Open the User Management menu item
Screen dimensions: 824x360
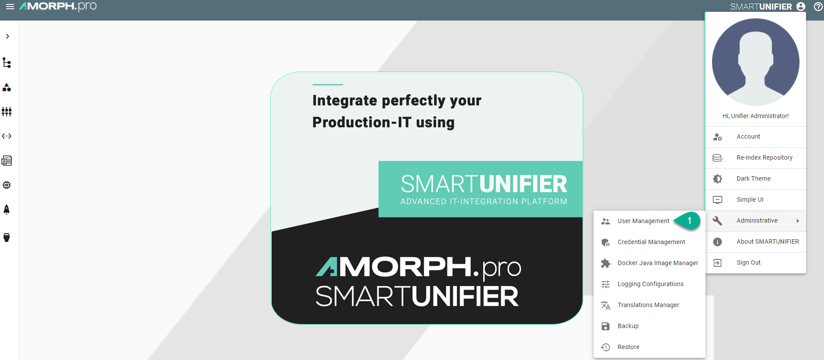tap(643, 221)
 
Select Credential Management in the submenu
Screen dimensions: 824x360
tap(651, 242)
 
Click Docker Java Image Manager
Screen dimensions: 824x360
tap(658, 263)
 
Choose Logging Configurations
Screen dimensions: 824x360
tap(650, 284)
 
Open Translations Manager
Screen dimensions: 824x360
tap(648, 305)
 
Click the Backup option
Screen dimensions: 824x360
tap(628, 326)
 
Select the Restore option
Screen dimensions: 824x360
tap(628, 347)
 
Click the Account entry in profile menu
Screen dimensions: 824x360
tap(748, 136)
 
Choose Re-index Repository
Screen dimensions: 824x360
tap(765, 157)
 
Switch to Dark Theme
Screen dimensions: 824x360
tap(754, 178)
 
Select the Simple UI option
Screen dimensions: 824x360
tap(750, 199)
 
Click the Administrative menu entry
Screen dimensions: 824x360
tap(757, 220)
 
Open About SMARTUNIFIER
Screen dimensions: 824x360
tap(768, 241)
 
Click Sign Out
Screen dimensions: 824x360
tap(748, 262)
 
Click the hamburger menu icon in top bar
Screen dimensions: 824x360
tap(10, 7)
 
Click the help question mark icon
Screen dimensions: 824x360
tap(818, 7)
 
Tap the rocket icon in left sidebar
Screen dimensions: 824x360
tap(7, 210)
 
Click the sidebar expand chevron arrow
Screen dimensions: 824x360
tap(7, 36)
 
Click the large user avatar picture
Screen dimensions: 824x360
tap(755, 62)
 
